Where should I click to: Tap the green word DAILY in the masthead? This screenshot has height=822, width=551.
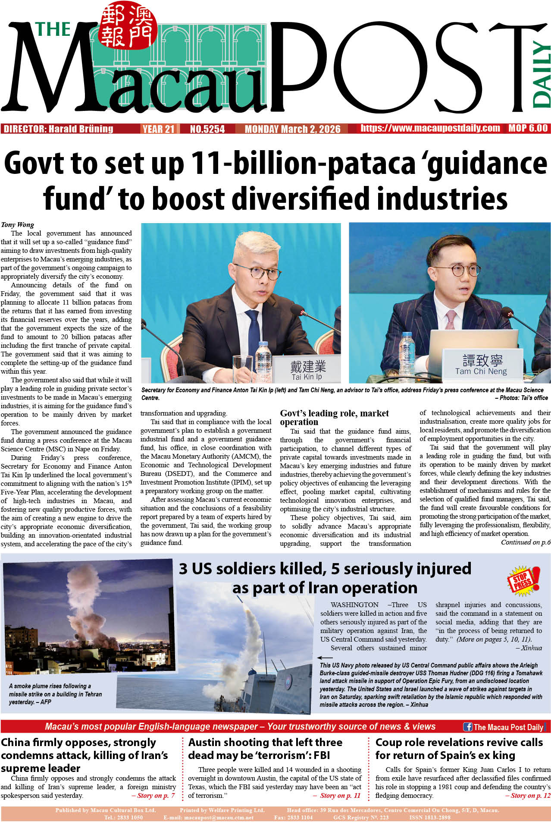click(x=541, y=74)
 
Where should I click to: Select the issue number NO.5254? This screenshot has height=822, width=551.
click(x=207, y=129)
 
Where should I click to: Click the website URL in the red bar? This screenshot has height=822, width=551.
click(x=430, y=129)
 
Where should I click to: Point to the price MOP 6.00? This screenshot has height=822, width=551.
click(x=528, y=129)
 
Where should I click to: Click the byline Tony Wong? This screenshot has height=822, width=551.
click(x=17, y=224)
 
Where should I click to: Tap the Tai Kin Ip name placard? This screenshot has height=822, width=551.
click(x=307, y=370)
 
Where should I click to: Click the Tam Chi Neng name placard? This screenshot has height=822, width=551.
click(x=481, y=365)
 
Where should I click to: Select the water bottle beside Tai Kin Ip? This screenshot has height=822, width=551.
click(x=263, y=362)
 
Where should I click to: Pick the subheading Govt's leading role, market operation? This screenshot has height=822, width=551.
click(x=334, y=418)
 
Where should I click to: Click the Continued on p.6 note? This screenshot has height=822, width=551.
click(x=525, y=542)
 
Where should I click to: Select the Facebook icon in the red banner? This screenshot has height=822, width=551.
click(x=467, y=727)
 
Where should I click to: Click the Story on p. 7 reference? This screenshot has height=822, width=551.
click(x=153, y=795)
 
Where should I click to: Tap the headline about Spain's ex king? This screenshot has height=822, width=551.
click(x=459, y=749)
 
